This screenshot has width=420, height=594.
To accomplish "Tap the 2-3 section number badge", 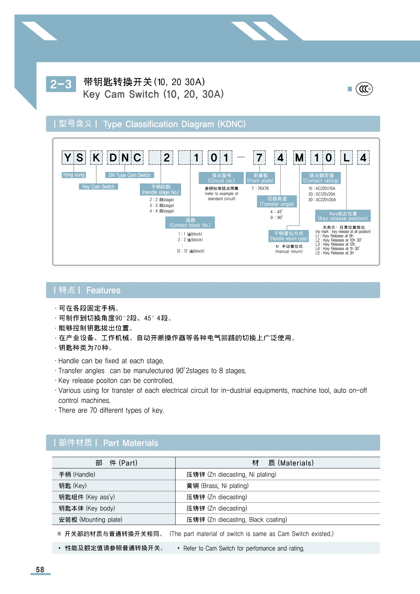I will click(61, 84).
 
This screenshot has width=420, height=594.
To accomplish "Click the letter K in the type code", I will click(96, 158).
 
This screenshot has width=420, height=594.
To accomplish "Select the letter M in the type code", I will click(299, 158).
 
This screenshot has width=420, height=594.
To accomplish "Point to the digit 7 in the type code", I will click(259, 158).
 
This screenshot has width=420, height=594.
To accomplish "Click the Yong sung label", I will click(74, 175).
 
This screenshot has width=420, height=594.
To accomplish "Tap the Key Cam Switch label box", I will click(98, 187).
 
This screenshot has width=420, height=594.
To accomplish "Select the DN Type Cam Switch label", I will click(129, 175).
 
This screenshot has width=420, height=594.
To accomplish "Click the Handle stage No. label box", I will click(160, 189).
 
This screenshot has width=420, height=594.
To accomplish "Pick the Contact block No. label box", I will click(190, 222).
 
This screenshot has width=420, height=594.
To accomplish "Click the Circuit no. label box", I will click(221, 178).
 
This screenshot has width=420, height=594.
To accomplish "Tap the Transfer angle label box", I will click(277, 201).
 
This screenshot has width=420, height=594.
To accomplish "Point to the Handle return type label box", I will click(289, 236).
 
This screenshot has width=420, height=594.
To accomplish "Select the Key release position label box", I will click(343, 216).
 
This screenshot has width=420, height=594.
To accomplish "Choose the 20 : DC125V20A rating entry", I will click(322, 194).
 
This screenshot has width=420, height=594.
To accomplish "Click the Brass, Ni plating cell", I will click(218, 486).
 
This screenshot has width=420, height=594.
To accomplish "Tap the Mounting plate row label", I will click(90, 520).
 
